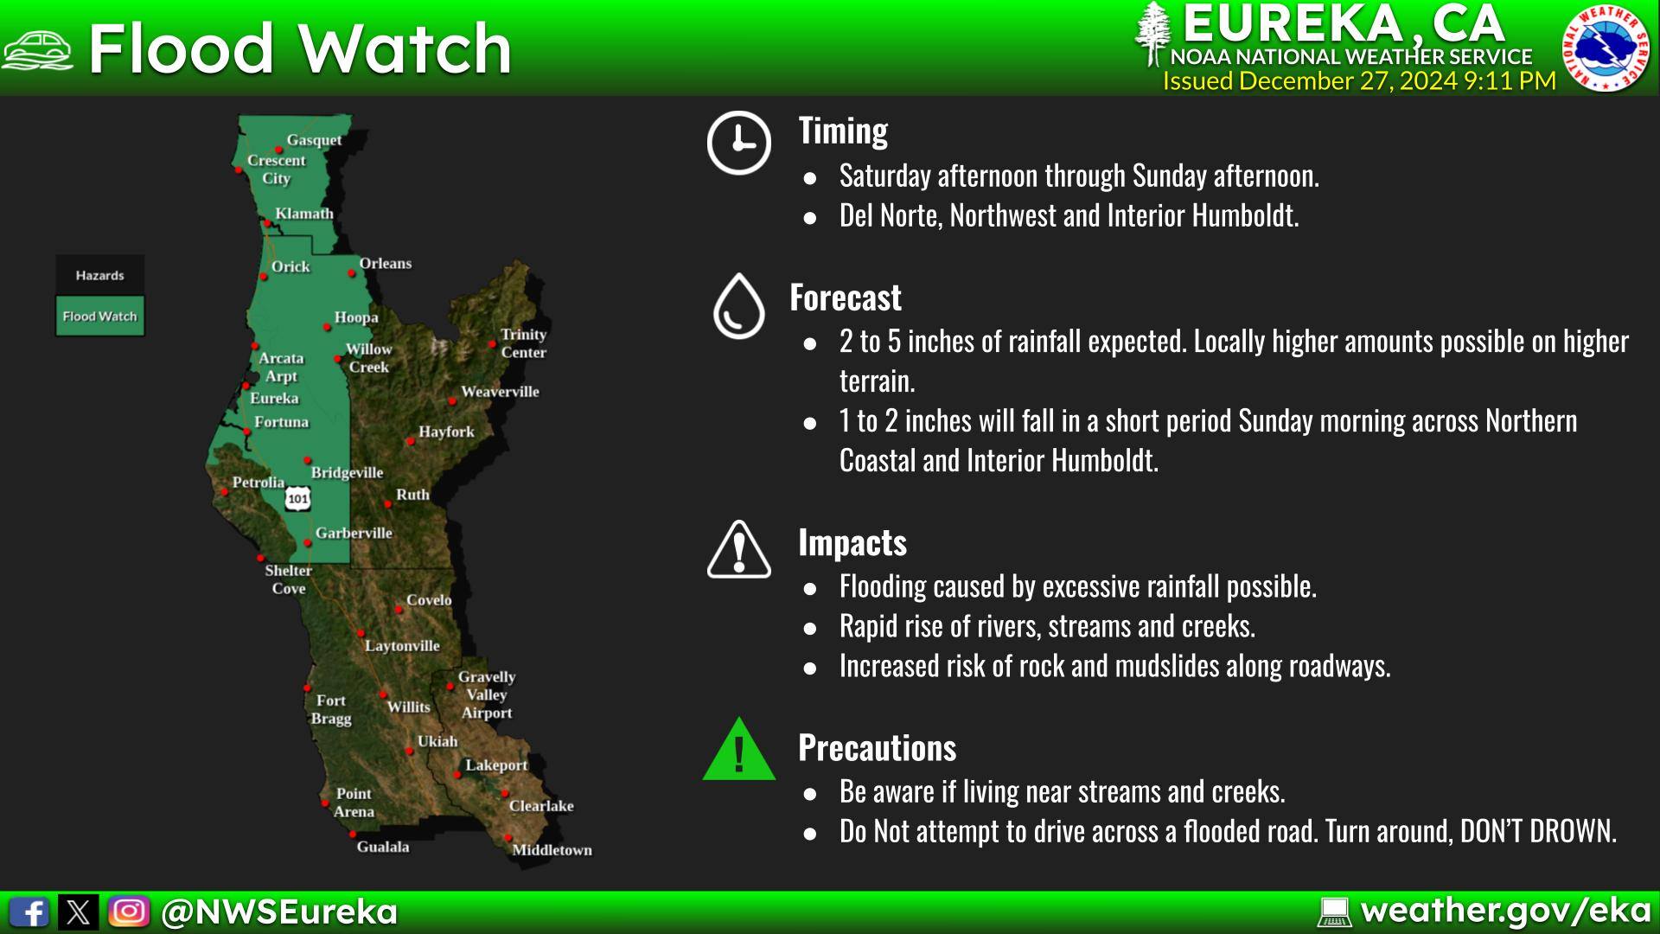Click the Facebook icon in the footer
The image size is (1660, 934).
(x=29, y=912)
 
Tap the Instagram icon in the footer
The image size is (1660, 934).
(x=129, y=912)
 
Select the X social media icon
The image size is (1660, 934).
(x=79, y=912)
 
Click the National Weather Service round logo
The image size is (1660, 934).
(x=1606, y=47)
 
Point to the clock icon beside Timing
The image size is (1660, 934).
(x=738, y=143)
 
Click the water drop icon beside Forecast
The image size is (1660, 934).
(x=738, y=306)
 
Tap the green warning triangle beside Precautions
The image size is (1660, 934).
(x=739, y=750)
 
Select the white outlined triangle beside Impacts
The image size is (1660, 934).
(x=739, y=550)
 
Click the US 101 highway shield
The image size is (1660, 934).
(x=298, y=498)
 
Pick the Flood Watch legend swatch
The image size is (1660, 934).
(x=99, y=317)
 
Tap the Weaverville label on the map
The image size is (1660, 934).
(x=500, y=392)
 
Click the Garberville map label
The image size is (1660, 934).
(x=354, y=533)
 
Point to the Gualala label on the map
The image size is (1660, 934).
(x=383, y=847)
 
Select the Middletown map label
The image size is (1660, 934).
(x=552, y=850)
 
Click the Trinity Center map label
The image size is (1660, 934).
(x=524, y=343)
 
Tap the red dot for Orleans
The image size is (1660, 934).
(x=352, y=273)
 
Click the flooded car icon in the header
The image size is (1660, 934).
(x=37, y=49)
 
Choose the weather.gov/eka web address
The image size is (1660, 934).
(x=1505, y=911)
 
